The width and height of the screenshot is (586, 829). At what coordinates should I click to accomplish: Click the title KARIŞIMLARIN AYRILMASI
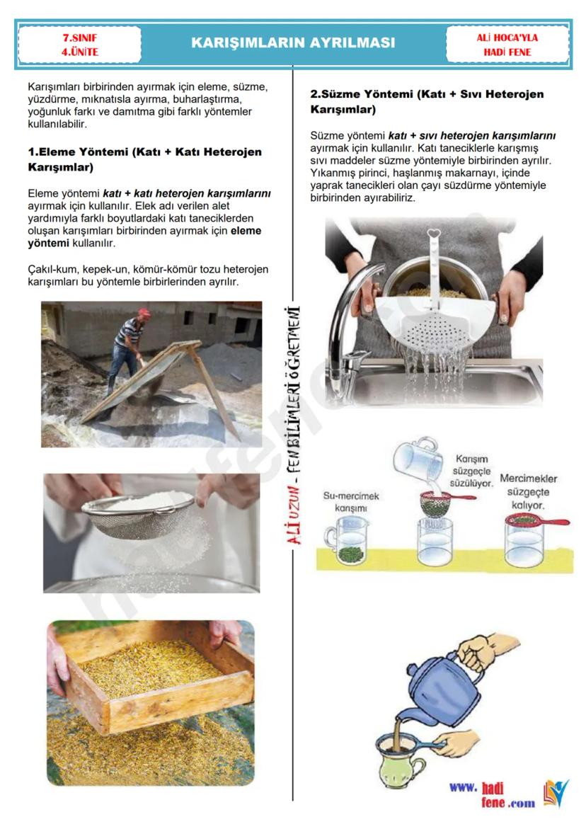point(293,42)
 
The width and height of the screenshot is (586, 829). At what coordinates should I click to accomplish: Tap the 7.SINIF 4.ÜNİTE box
point(80,45)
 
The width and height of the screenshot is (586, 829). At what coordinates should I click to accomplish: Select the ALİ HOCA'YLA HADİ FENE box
point(507,45)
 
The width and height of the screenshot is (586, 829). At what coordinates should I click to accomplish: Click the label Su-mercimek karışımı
point(351,502)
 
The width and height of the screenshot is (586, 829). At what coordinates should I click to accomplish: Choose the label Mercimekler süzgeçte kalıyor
point(528,492)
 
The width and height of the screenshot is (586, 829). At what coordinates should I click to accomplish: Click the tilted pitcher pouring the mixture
point(418,458)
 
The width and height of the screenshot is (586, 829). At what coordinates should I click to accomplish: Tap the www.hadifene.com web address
point(492,795)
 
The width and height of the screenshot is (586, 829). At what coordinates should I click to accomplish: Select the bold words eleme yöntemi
point(144,237)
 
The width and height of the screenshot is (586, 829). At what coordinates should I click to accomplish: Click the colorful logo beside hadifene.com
point(556,793)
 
